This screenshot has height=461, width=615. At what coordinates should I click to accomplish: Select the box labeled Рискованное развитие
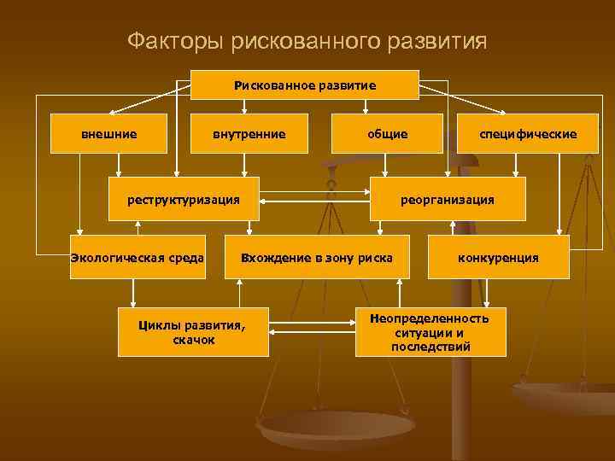click(x=305, y=85)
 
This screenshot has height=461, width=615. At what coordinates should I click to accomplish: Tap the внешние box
click(x=108, y=133)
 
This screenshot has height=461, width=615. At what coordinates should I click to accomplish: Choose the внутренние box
click(x=249, y=133)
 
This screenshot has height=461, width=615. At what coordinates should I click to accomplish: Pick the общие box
click(x=387, y=133)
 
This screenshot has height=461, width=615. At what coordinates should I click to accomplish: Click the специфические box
click(x=528, y=133)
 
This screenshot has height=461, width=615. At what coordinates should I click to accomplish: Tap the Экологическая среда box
click(x=137, y=257)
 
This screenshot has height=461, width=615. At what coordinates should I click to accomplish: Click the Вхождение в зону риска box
click(x=316, y=257)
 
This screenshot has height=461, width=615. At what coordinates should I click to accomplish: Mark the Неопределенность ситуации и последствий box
click(x=430, y=332)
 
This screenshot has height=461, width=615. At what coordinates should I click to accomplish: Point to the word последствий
click(x=430, y=347)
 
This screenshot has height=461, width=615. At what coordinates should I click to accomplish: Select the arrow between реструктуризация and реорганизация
click(x=314, y=201)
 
